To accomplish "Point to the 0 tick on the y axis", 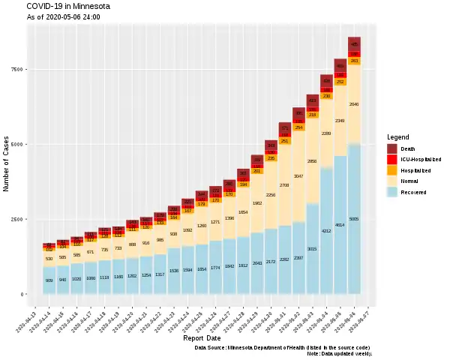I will pyautogui.click(x=22, y=294).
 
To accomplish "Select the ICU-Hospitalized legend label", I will pyautogui.click(x=421, y=160).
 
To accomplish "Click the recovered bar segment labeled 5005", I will pyautogui.click(x=354, y=219).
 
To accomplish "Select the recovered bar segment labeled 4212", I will pyautogui.click(x=326, y=231).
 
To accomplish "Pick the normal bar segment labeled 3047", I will pyautogui.click(x=298, y=176).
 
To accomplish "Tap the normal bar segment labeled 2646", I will pyautogui.click(x=354, y=105).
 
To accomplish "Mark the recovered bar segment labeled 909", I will pyautogui.click(x=49, y=280).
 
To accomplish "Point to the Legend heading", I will pyautogui.click(x=398, y=137).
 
